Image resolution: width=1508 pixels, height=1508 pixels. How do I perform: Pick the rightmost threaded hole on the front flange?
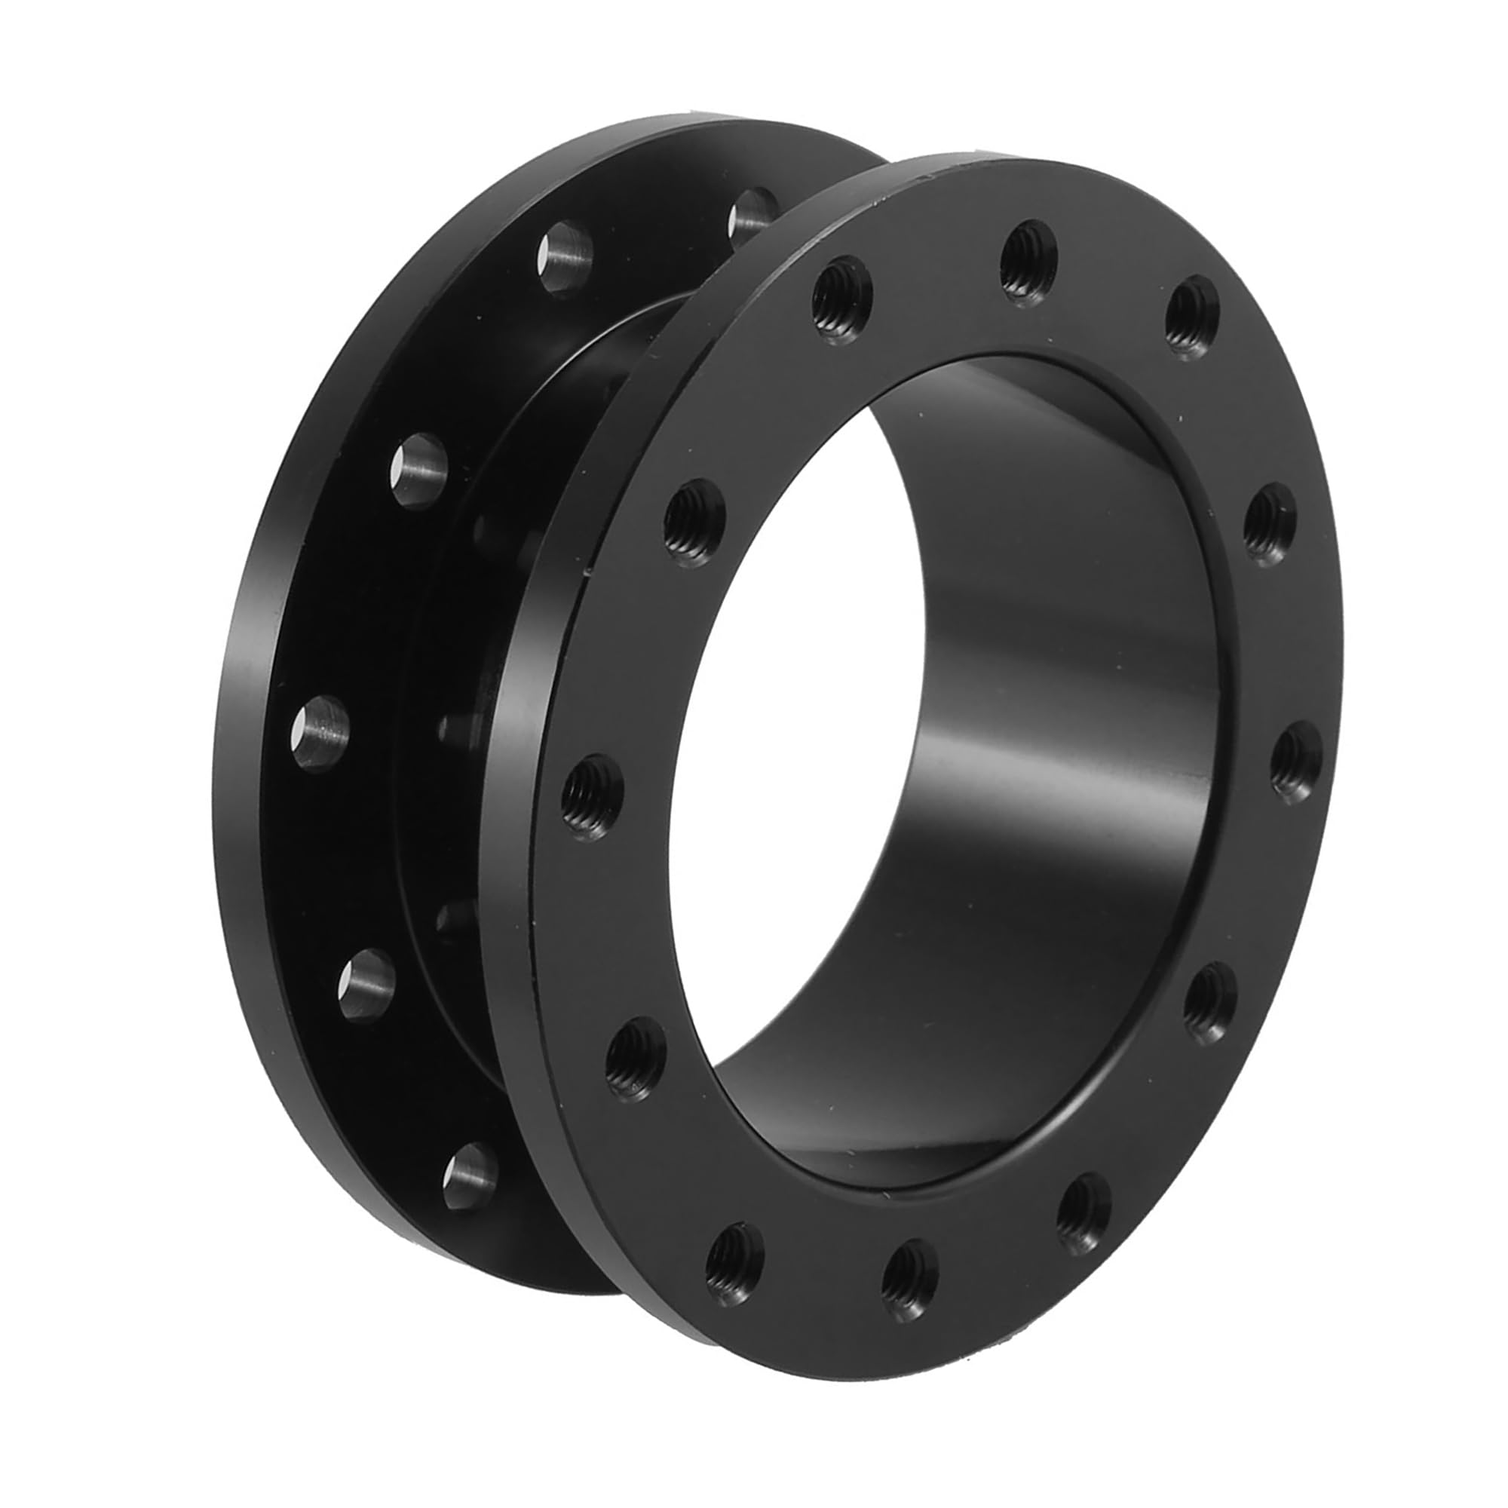pos(1296,762)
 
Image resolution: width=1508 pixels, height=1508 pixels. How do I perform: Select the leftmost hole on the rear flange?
pos(320,733)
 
